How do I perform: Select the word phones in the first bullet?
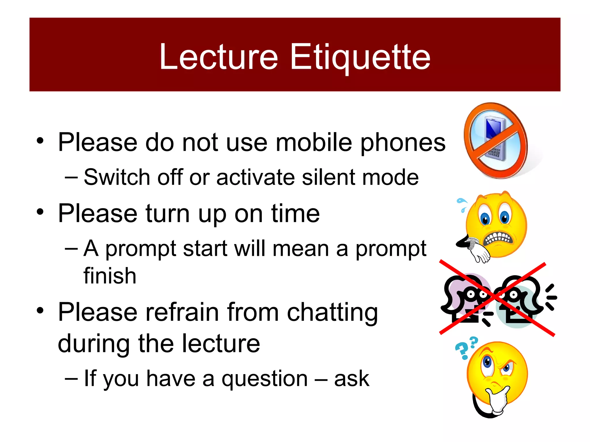[x=403, y=143]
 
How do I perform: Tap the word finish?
[x=110, y=276]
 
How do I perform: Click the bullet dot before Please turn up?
[x=40, y=212]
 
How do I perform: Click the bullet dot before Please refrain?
[x=40, y=310]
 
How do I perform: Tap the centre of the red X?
[x=496, y=298]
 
